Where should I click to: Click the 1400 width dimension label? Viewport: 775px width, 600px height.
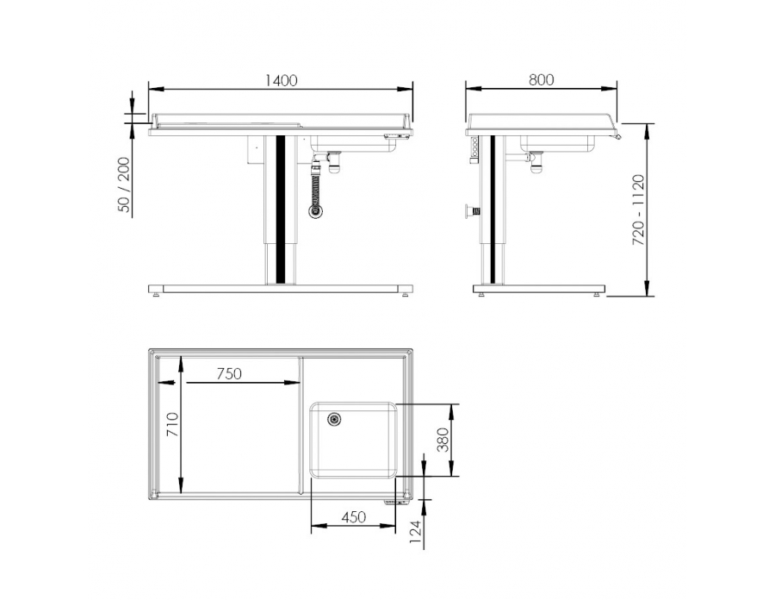click(282, 80)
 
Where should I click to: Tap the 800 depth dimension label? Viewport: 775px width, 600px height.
click(541, 79)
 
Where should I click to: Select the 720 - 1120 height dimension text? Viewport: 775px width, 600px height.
click(639, 210)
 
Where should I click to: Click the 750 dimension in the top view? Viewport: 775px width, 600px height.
click(228, 373)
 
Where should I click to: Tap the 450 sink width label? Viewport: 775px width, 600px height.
click(354, 517)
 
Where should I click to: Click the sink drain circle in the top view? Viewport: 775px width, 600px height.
click(333, 419)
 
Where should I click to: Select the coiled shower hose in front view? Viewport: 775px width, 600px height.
click(319, 185)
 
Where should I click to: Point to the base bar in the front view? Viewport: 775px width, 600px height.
click(281, 289)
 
